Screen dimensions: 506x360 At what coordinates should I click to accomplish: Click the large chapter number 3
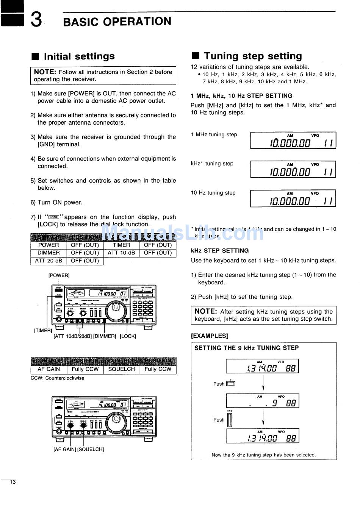(x=36, y=20)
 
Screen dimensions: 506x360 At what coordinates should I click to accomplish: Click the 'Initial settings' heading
(x=79, y=56)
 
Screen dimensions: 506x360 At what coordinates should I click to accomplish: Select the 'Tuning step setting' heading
(x=253, y=56)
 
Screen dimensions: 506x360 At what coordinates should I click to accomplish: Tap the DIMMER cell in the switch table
(x=49, y=253)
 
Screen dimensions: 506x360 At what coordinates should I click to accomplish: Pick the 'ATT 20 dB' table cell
(x=49, y=261)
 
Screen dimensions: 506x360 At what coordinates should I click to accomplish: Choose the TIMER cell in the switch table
(x=121, y=245)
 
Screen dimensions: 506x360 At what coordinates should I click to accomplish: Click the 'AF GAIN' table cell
(x=49, y=369)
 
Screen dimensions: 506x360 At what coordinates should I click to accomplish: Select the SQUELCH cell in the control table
(x=121, y=369)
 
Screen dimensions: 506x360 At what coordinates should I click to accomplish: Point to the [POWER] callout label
(x=59, y=275)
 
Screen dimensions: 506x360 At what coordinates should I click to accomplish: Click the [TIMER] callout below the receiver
(x=43, y=331)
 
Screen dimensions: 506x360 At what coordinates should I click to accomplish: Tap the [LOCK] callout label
(x=128, y=336)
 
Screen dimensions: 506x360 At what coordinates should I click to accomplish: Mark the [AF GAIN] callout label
(x=64, y=449)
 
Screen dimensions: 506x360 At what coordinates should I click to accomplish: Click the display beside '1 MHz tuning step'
(x=293, y=141)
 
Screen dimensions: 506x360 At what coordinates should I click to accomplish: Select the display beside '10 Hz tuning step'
(x=293, y=198)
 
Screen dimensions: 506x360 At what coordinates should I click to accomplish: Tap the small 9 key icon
(x=230, y=384)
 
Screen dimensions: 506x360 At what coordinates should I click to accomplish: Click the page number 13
(x=13, y=482)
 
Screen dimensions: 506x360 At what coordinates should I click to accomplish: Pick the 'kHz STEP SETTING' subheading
(x=220, y=251)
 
